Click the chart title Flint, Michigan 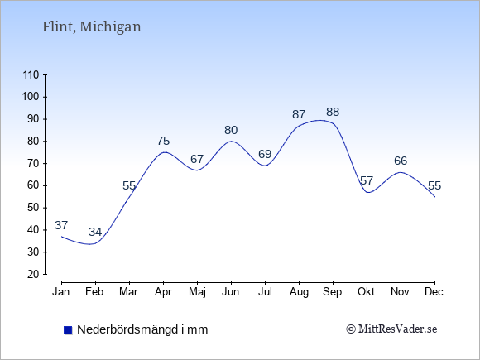92,27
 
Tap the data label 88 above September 333,112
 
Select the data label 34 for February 95,232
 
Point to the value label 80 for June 231,130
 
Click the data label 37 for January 61,225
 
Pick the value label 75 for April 163,141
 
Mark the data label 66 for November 401,161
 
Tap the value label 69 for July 265,154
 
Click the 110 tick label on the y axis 31,74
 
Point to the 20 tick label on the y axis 33,274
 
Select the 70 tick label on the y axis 33,163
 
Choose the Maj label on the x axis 197,292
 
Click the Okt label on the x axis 367,292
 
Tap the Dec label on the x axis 434,292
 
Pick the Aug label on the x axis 299,292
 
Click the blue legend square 68,330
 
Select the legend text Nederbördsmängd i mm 142,329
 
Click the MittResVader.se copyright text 391,329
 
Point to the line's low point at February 90,244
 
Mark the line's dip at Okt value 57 367,193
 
